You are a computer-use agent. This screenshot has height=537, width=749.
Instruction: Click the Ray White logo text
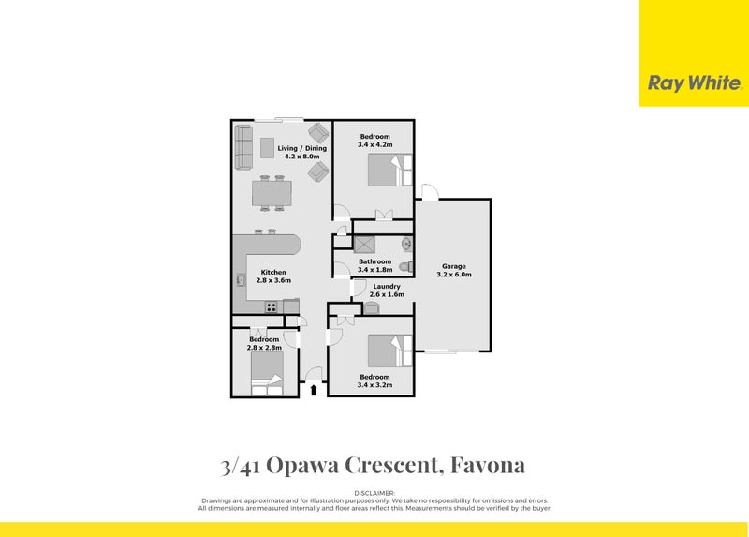[694, 82]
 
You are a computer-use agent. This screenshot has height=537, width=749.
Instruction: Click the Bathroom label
[374, 261]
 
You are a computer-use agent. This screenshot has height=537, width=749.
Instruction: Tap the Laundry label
[387, 286]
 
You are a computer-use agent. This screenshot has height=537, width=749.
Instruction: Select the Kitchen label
[273, 271]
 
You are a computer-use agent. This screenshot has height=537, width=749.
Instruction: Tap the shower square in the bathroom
[363, 244]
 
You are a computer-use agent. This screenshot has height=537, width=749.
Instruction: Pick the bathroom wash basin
[405, 245]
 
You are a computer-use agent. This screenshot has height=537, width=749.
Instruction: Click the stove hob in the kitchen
[272, 306]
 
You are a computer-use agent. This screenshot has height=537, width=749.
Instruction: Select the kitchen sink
[241, 278]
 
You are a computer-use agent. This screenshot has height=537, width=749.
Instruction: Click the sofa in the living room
[242, 148]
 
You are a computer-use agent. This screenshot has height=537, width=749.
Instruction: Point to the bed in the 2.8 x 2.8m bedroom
[266, 384]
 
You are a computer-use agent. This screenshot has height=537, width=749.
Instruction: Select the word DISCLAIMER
[374, 493]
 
